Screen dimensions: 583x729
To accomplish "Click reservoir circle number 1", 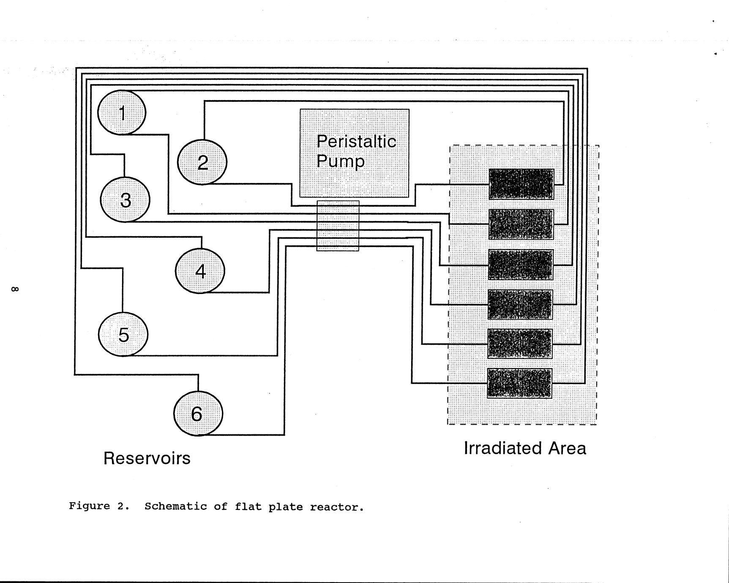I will coord(122,113).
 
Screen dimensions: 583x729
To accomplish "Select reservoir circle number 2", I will coord(202,162).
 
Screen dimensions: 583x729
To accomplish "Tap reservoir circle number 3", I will coord(125,199).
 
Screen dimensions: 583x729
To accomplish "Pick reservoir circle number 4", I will coord(200,271).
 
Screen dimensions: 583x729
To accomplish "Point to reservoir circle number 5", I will coord(123,334).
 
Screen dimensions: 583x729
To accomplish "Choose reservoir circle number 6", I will coord(198,413).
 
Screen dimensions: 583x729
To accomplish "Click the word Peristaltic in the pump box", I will coord(356,142).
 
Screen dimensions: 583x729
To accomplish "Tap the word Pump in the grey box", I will coord(340,161).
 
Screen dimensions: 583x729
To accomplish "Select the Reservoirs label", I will coord(147,458).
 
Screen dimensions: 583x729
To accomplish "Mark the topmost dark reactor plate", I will coord(521,184).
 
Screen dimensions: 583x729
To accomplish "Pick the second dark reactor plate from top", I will coord(521,224).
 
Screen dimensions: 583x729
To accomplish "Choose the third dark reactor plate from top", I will coord(521,264).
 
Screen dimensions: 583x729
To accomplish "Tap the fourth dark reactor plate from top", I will coord(520,305).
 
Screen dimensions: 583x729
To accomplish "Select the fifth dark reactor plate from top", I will coord(520,344).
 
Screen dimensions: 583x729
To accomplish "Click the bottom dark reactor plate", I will coord(519,383).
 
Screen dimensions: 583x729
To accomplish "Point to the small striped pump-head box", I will coord(338,226).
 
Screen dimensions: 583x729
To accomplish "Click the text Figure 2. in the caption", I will coord(99,506).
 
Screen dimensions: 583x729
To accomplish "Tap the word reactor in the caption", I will coord(336,507).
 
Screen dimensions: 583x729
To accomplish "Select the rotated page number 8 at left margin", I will coord(14,289).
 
